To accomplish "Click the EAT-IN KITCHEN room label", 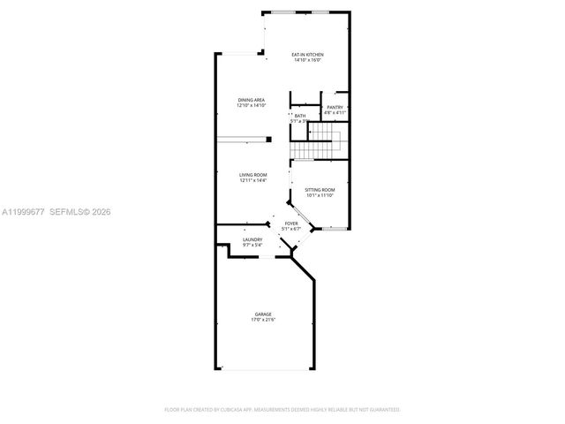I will coord(307,55).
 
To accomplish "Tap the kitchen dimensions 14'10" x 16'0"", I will coord(307,60).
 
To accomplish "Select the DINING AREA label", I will coord(252,100).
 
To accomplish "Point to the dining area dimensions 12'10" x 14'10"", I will coord(252,105).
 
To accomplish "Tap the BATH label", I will coord(300,116).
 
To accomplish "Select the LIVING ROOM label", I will coord(253,175).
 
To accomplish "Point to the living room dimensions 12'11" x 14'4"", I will coord(253,180).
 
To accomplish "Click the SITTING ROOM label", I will coord(320,190).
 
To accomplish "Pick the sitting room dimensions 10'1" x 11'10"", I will coord(320,195).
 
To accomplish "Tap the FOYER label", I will coord(290,224).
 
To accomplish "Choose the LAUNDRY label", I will coord(253,239).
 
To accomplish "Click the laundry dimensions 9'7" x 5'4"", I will coord(253,245).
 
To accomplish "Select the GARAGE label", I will coord(263,314).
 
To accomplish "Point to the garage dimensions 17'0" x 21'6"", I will coord(263,319).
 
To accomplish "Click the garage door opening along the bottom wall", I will coord(264,369).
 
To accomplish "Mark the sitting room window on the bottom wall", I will coord(334,229).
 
